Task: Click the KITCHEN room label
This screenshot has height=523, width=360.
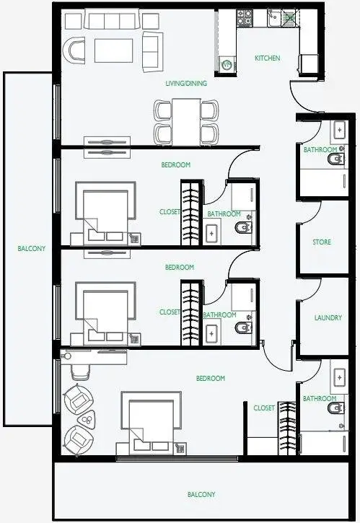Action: tap(267, 58)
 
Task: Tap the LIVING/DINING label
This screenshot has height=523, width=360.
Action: tap(186, 83)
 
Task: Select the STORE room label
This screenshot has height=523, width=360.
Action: tap(322, 242)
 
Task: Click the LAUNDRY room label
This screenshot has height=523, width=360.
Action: tap(328, 317)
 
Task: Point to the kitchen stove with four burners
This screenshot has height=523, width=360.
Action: tap(245, 17)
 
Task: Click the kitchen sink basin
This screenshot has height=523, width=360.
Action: tap(274, 18)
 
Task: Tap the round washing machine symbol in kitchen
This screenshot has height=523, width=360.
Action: tap(227, 65)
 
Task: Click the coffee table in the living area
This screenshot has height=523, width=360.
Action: tap(113, 50)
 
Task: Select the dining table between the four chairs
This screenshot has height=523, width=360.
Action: tap(186, 122)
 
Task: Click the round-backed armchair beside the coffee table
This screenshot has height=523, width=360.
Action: tap(74, 50)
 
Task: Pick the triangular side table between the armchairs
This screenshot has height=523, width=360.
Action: tap(87, 417)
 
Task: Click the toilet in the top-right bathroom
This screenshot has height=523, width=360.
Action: tap(335, 159)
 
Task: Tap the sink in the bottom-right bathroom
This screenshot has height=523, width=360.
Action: tap(339, 377)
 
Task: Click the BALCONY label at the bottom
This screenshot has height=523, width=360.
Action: tap(201, 494)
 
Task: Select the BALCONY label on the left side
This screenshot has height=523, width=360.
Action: tap(31, 248)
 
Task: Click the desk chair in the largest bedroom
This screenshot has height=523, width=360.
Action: tap(80, 371)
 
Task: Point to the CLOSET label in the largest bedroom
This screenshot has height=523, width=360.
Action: tap(264, 408)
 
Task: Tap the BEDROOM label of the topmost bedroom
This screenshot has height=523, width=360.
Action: tap(175, 164)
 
